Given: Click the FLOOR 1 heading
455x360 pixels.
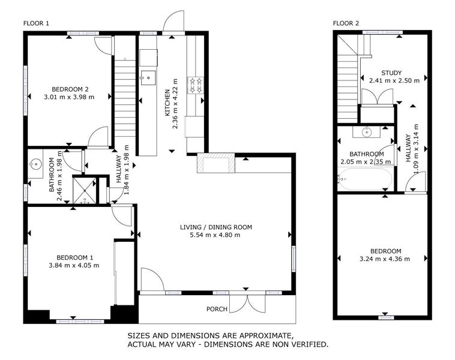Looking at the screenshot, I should click(x=36, y=23).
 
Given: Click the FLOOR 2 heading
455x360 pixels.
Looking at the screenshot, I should click(x=346, y=23).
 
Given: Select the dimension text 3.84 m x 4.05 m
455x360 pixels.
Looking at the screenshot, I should click(x=74, y=265).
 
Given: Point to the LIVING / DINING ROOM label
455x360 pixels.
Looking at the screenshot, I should click(x=215, y=227).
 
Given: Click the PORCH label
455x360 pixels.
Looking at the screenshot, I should click(x=216, y=310).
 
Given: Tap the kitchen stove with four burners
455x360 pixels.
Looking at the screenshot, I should click(x=196, y=85).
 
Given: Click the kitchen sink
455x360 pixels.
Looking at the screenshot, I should click(x=148, y=76).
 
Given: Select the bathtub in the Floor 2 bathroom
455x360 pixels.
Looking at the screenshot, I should click(x=365, y=178).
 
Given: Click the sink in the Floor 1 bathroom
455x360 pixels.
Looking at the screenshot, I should click(x=35, y=163).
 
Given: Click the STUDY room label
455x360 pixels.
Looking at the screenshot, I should click(x=381, y=73).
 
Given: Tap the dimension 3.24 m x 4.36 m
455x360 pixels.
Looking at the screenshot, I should click(x=381, y=259).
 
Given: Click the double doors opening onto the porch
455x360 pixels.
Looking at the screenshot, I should click(x=247, y=303).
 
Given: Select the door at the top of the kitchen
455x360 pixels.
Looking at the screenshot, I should click(x=174, y=22).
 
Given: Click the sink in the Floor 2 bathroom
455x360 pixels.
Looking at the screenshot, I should click(x=366, y=132).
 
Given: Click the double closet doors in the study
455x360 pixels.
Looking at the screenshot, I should click(x=376, y=97).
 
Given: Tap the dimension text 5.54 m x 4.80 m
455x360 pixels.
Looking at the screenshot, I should click(x=215, y=235).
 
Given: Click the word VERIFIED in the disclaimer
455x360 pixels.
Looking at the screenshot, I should click(x=306, y=344).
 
